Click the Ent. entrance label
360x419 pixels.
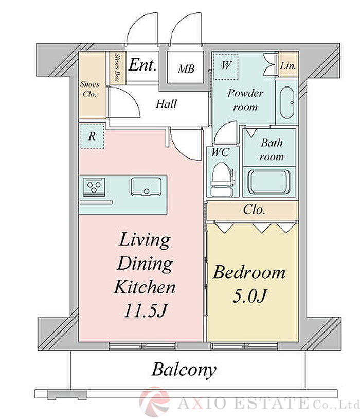coord(142,65)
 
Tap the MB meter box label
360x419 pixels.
coord(186,69)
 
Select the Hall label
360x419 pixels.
coord(166,104)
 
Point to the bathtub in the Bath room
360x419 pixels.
coord(269,182)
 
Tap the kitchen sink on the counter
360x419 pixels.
coord(146,186)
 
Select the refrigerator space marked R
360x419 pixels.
coord(92,136)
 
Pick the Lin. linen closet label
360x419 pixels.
coord(288,66)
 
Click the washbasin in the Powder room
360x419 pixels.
coord(287,102)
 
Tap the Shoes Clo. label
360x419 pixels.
coord(89,89)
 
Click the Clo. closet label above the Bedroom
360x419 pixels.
coord(254,210)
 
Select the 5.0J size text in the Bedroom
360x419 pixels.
coord(250,296)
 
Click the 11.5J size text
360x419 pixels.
coord(145,310)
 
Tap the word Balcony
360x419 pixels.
coord(184,370)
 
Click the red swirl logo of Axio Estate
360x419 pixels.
coord(154,401)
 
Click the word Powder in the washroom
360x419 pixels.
coord(245,93)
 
